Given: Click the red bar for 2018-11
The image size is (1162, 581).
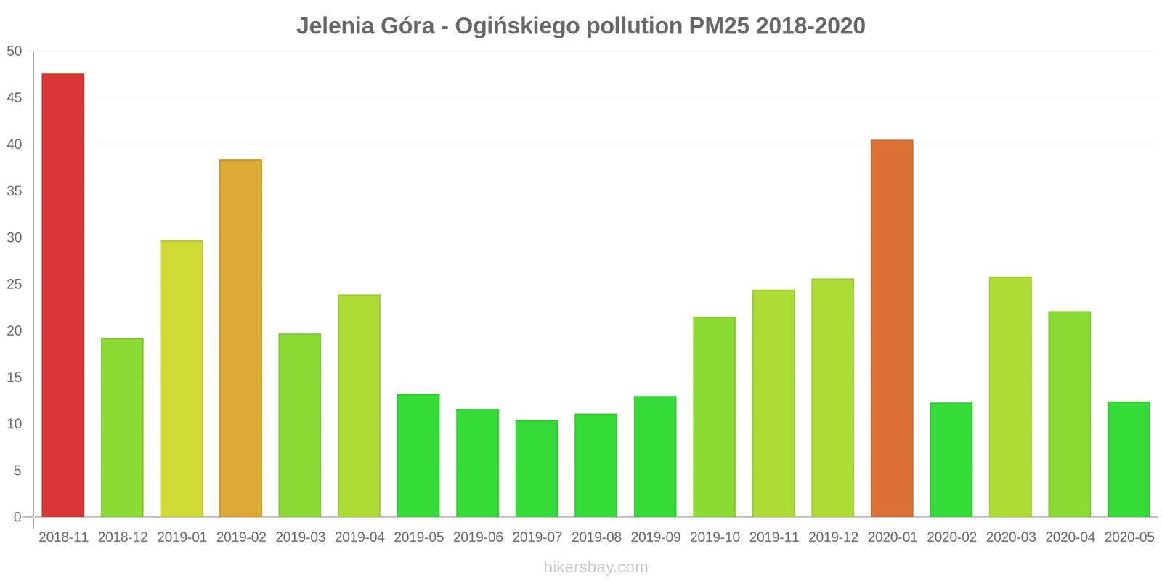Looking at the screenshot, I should coord(63,295).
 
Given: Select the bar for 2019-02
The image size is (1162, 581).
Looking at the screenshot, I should coord(240,338).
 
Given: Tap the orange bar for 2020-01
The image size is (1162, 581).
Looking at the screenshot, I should coord(892,328).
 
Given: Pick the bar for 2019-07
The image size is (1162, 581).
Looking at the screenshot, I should coord(537,468).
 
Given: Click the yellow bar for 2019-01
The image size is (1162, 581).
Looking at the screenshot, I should coord(182,378).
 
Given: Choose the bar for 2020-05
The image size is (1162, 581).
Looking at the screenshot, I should coord(1129,459).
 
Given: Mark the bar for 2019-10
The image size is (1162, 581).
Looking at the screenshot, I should coord(714,417).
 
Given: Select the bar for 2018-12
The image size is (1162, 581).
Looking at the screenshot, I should coord(122,428).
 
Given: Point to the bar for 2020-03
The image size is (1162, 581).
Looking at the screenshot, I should coord(1010,397).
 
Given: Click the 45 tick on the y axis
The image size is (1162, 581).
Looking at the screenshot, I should coord(15,98).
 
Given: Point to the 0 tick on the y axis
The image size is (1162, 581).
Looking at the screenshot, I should coord(17,517).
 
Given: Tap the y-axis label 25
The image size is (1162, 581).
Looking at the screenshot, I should coord(15,284).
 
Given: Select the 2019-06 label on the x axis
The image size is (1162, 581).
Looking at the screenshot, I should coord(478,537).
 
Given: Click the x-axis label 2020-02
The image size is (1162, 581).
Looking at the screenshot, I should coord(951,537).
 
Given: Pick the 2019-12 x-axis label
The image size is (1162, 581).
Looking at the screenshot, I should coord(833,537).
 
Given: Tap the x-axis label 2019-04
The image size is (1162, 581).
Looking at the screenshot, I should coord(359,537).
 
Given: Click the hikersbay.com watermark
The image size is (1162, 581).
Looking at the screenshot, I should coord(596,567).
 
